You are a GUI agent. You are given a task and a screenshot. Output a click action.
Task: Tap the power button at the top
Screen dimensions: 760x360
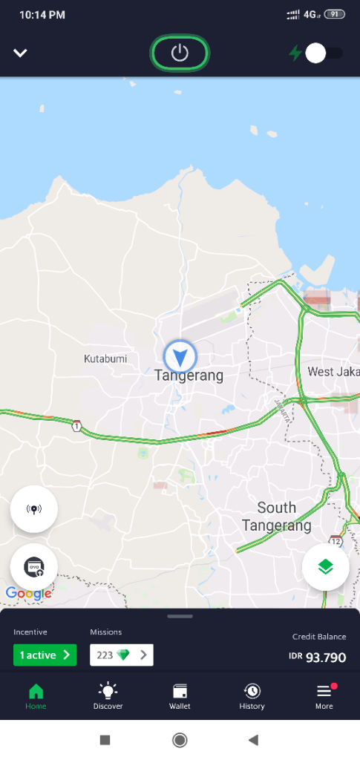(x=180, y=53)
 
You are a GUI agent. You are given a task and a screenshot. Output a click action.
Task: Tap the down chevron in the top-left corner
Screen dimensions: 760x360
(x=20, y=53)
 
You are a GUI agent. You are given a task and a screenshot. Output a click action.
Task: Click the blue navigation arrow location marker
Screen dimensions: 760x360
(x=179, y=356)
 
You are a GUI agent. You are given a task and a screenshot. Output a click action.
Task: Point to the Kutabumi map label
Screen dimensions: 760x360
(x=105, y=358)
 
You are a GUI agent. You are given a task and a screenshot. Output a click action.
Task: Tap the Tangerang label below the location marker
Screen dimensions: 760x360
(x=189, y=376)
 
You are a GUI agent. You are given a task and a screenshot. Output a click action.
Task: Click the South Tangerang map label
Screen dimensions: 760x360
(x=276, y=517)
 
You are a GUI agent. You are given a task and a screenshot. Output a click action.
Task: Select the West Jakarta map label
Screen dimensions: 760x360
(x=333, y=371)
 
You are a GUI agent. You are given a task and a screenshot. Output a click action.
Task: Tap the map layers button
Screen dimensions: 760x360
(x=325, y=566)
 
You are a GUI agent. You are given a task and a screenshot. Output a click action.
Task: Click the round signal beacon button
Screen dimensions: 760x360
(x=33, y=509)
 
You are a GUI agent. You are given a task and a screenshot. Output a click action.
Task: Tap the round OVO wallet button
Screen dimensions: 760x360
(x=34, y=566)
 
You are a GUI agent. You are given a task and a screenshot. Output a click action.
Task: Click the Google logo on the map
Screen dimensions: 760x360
(x=28, y=593)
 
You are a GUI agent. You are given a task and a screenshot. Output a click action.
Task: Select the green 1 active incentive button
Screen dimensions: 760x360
(x=45, y=655)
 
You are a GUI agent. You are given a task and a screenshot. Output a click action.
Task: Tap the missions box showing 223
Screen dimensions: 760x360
(x=121, y=655)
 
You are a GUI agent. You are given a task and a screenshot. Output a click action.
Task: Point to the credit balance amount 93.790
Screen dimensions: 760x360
(x=326, y=657)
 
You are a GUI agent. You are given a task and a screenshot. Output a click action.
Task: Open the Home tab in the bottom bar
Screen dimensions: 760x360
(x=36, y=697)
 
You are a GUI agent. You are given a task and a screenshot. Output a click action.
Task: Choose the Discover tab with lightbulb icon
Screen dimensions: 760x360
(x=108, y=697)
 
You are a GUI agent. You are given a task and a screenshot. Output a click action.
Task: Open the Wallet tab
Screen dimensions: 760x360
(x=180, y=697)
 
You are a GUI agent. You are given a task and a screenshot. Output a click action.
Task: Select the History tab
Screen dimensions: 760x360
(x=252, y=697)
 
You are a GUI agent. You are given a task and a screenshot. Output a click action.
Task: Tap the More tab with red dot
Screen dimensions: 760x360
(x=324, y=697)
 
